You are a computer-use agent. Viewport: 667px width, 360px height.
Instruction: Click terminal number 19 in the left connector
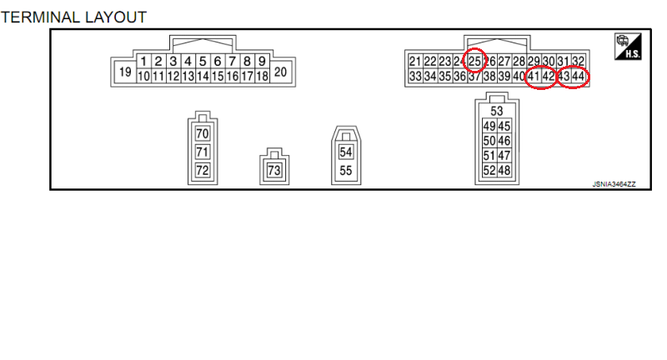pyautogui.click(x=125, y=72)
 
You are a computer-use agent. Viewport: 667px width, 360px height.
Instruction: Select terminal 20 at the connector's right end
pyautogui.click(x=280, y=72)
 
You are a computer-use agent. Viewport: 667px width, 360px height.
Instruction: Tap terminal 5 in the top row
pyautogui.click(x=203, y=61)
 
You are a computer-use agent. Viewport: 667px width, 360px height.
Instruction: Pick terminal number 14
pyautogui.click(x=203, y=76)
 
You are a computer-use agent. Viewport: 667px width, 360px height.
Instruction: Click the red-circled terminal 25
pyautogui.click(x=474, y=61)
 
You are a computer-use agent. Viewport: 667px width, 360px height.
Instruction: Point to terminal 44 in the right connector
pyautogui.click(x=578, y=77)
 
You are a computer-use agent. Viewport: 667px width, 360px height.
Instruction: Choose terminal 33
pyautogui.click(x=415, y=77)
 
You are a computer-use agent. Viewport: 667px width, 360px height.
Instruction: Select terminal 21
pyautogui.click(x=415, y=61)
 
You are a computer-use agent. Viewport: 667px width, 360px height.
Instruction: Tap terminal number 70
pyautogui.click(x=203, y=134)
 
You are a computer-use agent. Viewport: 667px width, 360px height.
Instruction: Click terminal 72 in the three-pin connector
pyautogui.click(x=203, y=171)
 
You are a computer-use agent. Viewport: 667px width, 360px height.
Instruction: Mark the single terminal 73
pyautogui.click(x=274, y=171)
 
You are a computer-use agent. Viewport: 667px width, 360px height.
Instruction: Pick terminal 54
pyautogui.click(x=346, y=152)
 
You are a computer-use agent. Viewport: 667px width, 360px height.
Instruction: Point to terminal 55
pyautogui.click(x=346, y=171)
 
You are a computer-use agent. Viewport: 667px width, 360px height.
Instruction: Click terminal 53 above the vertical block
pyautogui.click(x=497, y=112)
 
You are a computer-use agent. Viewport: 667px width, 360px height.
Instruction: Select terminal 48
pyautogui.click(x=504, y=171)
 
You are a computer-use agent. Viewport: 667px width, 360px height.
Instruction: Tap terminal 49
pyautogui.click(x=489, y=126)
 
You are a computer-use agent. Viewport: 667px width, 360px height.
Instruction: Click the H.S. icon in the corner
pyautogui.click(x=628, y=47)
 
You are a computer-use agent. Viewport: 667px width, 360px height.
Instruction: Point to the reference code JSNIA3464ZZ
pyautogui.click(x=614, y=184)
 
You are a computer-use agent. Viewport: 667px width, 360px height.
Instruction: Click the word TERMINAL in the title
pyautogui.click(x=40, y=17)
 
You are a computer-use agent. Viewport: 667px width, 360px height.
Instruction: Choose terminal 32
pyautogui.click(x=578, y=61)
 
